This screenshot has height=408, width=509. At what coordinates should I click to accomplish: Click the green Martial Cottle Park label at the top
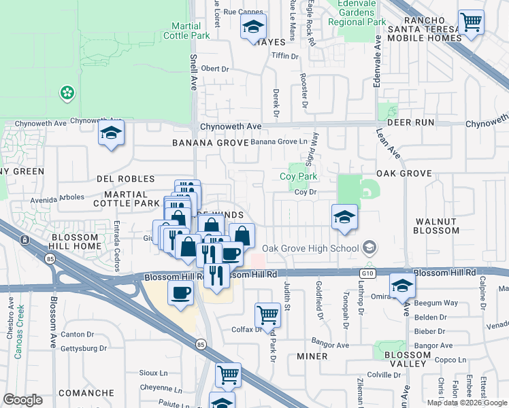[186, 30]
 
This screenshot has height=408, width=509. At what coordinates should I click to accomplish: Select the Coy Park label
[299, 177]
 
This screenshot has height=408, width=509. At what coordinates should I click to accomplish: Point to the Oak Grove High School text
[310, 248]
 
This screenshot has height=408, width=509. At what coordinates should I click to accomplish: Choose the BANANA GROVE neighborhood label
[207, 143]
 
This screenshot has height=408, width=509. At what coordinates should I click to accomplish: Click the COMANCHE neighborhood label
[86, 393]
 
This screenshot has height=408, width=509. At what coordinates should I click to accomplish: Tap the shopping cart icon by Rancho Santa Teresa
[470, 22]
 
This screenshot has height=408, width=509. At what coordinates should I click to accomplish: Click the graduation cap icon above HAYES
[253, 29]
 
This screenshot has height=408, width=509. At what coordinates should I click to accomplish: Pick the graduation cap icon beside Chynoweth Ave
[111, 134]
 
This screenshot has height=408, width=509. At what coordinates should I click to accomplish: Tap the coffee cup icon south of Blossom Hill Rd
[180, 292]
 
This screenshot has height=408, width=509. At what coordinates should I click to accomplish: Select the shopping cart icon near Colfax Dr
[267, 315]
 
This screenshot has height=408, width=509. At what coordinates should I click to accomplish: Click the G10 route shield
[369, 272]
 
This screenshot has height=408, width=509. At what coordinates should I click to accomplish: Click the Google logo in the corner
[22, 399]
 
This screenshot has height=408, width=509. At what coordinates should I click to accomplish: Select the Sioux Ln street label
[154, 373]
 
